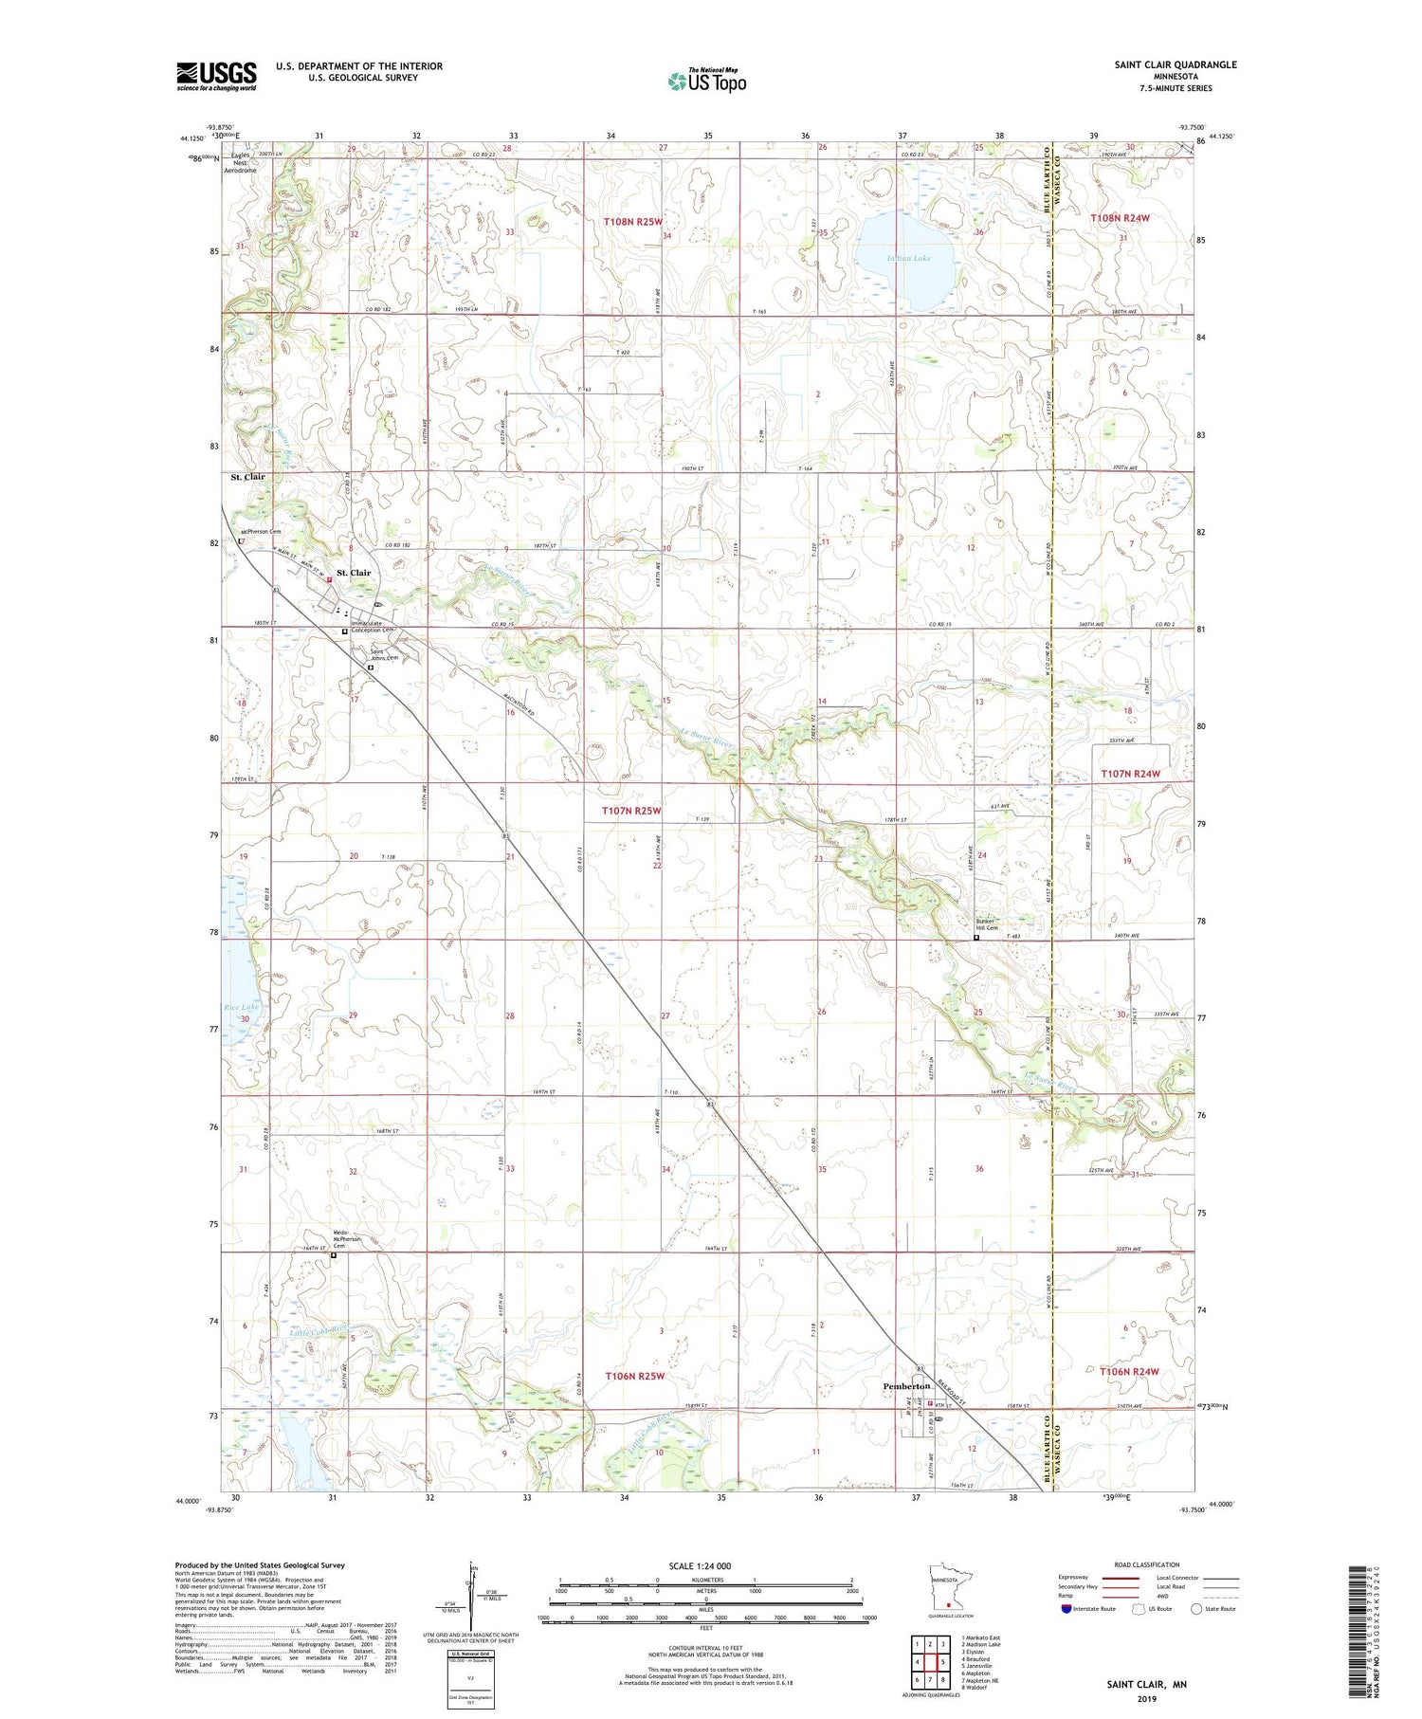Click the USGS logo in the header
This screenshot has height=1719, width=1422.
coord(216,76)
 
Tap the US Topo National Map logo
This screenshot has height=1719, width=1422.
coord(706,81)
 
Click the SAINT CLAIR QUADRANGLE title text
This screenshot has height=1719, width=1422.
coord(1176,64)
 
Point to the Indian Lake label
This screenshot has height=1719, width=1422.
coord(907,258)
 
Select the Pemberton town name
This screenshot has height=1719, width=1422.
coord(907,1386)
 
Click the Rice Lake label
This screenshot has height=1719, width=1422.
coord(241,1007)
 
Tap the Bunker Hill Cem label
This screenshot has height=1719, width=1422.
coord(987,924)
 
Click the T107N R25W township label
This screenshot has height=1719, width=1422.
coord(631,811)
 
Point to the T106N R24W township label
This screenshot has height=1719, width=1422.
coord(1129,1371)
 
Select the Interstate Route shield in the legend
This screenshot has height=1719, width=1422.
coord(1066,1609)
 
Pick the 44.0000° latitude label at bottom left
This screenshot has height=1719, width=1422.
coord(188,1501)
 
